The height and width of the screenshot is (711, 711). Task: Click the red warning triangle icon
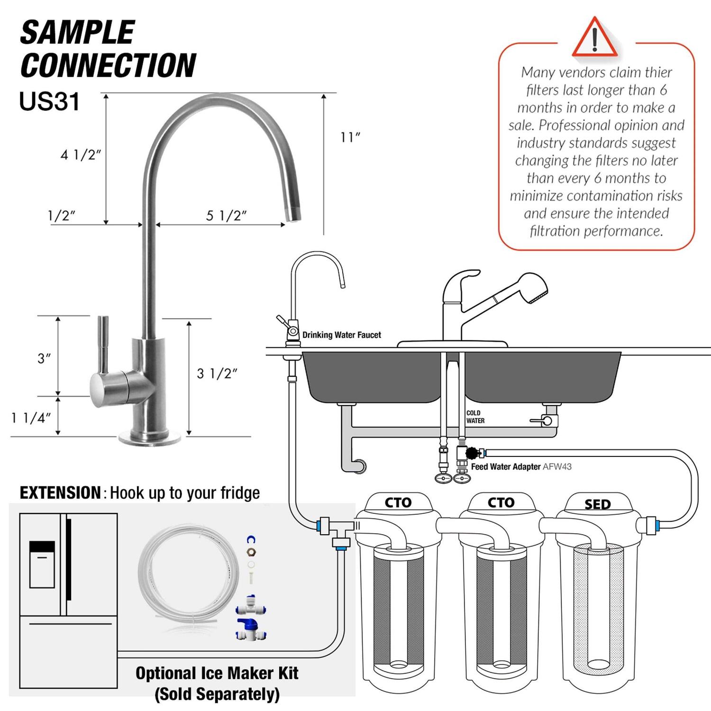pos(595,38)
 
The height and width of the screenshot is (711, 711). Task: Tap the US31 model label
pos(49,101)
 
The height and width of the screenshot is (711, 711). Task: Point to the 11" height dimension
pos(350,137)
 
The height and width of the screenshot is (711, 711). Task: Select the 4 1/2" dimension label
pos(81,155)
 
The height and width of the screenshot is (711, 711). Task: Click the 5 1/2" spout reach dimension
pos(226,216)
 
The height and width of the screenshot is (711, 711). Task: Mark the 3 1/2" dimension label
pos(217,374)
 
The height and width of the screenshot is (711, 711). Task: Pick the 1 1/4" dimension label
pos(31,418)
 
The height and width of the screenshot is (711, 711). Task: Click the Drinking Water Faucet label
pos(341,335)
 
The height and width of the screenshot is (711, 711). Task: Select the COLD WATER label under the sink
pos(475,417)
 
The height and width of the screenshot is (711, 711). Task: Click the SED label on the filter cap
pos(597,504)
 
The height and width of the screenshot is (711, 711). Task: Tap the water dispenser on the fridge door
pos(42,564)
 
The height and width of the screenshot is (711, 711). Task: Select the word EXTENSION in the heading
pos(60,493)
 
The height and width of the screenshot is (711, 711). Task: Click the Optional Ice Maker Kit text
pos(217,673)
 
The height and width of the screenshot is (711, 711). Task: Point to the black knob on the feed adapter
pos(472,453)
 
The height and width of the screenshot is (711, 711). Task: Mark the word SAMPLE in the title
pos(77,33)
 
